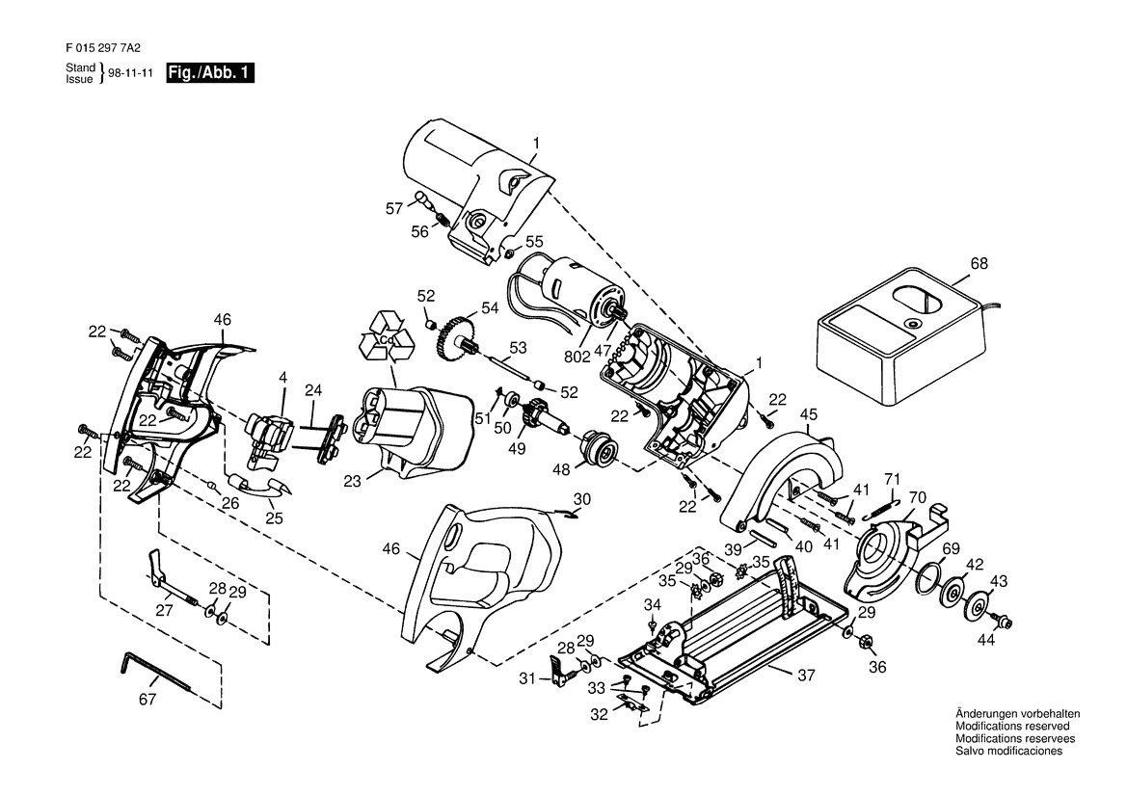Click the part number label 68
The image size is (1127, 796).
(979, 264)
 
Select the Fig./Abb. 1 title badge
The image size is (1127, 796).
(210, 72)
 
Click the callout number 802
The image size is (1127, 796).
(577, 357)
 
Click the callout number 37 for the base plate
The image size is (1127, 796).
(806, 676)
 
